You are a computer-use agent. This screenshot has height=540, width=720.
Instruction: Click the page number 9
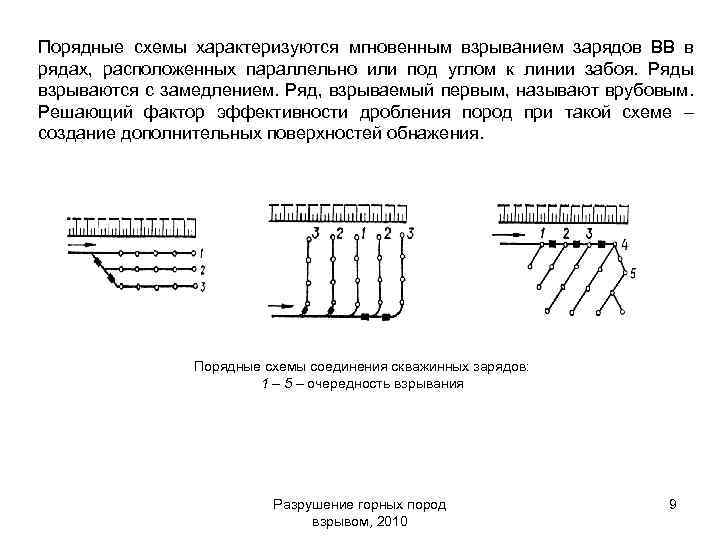click(x=673, y=505)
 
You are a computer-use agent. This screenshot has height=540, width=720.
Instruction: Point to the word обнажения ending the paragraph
click(x=436, y=135)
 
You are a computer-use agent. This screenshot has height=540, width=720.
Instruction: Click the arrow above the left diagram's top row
click(x=83, y=243)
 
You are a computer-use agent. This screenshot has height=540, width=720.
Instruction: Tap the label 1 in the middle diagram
click(x=362, y=234)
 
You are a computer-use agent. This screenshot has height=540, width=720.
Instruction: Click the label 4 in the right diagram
click(x=625, y=245)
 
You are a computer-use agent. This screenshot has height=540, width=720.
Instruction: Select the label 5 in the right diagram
click(x=632, y=271)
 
